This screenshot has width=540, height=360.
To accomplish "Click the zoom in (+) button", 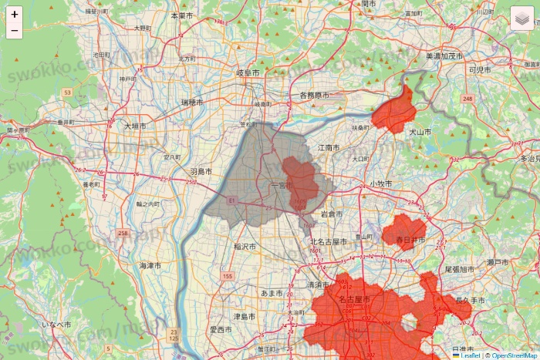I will (x=15, y=15).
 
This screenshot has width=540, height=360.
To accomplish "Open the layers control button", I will (x=521, y=18).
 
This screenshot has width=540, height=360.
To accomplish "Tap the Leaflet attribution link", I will (x=470, y=355).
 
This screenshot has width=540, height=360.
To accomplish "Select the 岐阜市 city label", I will (x=248, y=72).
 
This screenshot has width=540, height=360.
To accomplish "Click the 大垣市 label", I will (x=136, y=125).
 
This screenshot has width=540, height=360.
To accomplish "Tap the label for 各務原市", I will (x=314, y=96).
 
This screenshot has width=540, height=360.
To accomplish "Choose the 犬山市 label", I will (x=420, y=133).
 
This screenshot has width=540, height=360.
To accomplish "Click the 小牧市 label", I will (x=380, y=184).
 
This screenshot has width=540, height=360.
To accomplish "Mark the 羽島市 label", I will (x=201, y=172).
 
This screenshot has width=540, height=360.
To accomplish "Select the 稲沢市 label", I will (x=245, y=247).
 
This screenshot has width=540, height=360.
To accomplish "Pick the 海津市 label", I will (x=150, y=265).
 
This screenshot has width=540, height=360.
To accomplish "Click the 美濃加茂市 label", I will (x=444, y=56).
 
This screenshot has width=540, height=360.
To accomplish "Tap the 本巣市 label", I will (x=183, y=15).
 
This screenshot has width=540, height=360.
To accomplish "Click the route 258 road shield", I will (x=123, y=233).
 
